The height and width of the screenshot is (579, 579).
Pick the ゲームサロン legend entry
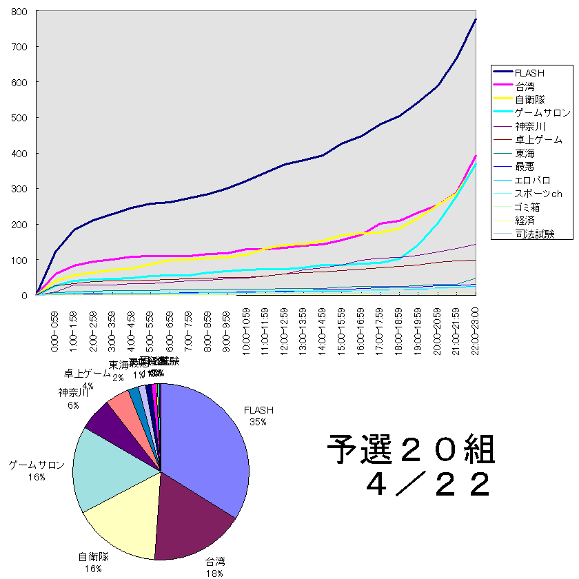click(542, 112)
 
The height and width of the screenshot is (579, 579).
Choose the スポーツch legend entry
click(538, 194)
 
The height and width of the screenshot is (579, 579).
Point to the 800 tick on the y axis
click(19, 12)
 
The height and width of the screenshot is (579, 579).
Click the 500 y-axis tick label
click(19, 118)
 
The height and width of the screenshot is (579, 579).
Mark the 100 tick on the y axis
click(19, 260)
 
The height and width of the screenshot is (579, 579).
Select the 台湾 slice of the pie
click(193, 524)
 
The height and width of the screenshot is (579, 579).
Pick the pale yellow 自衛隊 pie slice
click(124, 524)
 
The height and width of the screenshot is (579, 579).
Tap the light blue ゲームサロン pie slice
click(103, 469)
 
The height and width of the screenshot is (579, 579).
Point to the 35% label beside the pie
click(258, 421)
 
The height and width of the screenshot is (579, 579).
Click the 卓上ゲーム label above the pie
click(88, 374)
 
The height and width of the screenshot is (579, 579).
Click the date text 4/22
click(429, 485)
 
